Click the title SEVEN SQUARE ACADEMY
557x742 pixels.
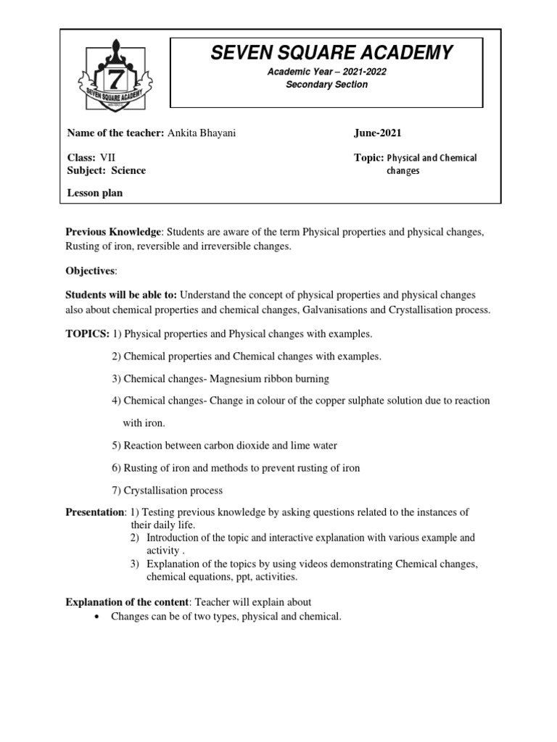click(331, 52)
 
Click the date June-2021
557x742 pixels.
click(377, 133)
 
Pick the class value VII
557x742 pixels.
click(107, 157)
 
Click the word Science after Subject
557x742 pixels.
click(128, 170)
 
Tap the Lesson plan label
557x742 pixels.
click(95, 193)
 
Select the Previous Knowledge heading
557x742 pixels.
click(112, 232)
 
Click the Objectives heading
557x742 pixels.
click(90, 270)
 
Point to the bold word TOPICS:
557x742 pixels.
click(87, 334)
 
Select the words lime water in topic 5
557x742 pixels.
click(314, 445)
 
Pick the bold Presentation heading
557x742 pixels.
click(95, 512)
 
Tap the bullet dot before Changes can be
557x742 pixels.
click(96, 617)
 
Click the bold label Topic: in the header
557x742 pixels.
click(368, 157)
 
